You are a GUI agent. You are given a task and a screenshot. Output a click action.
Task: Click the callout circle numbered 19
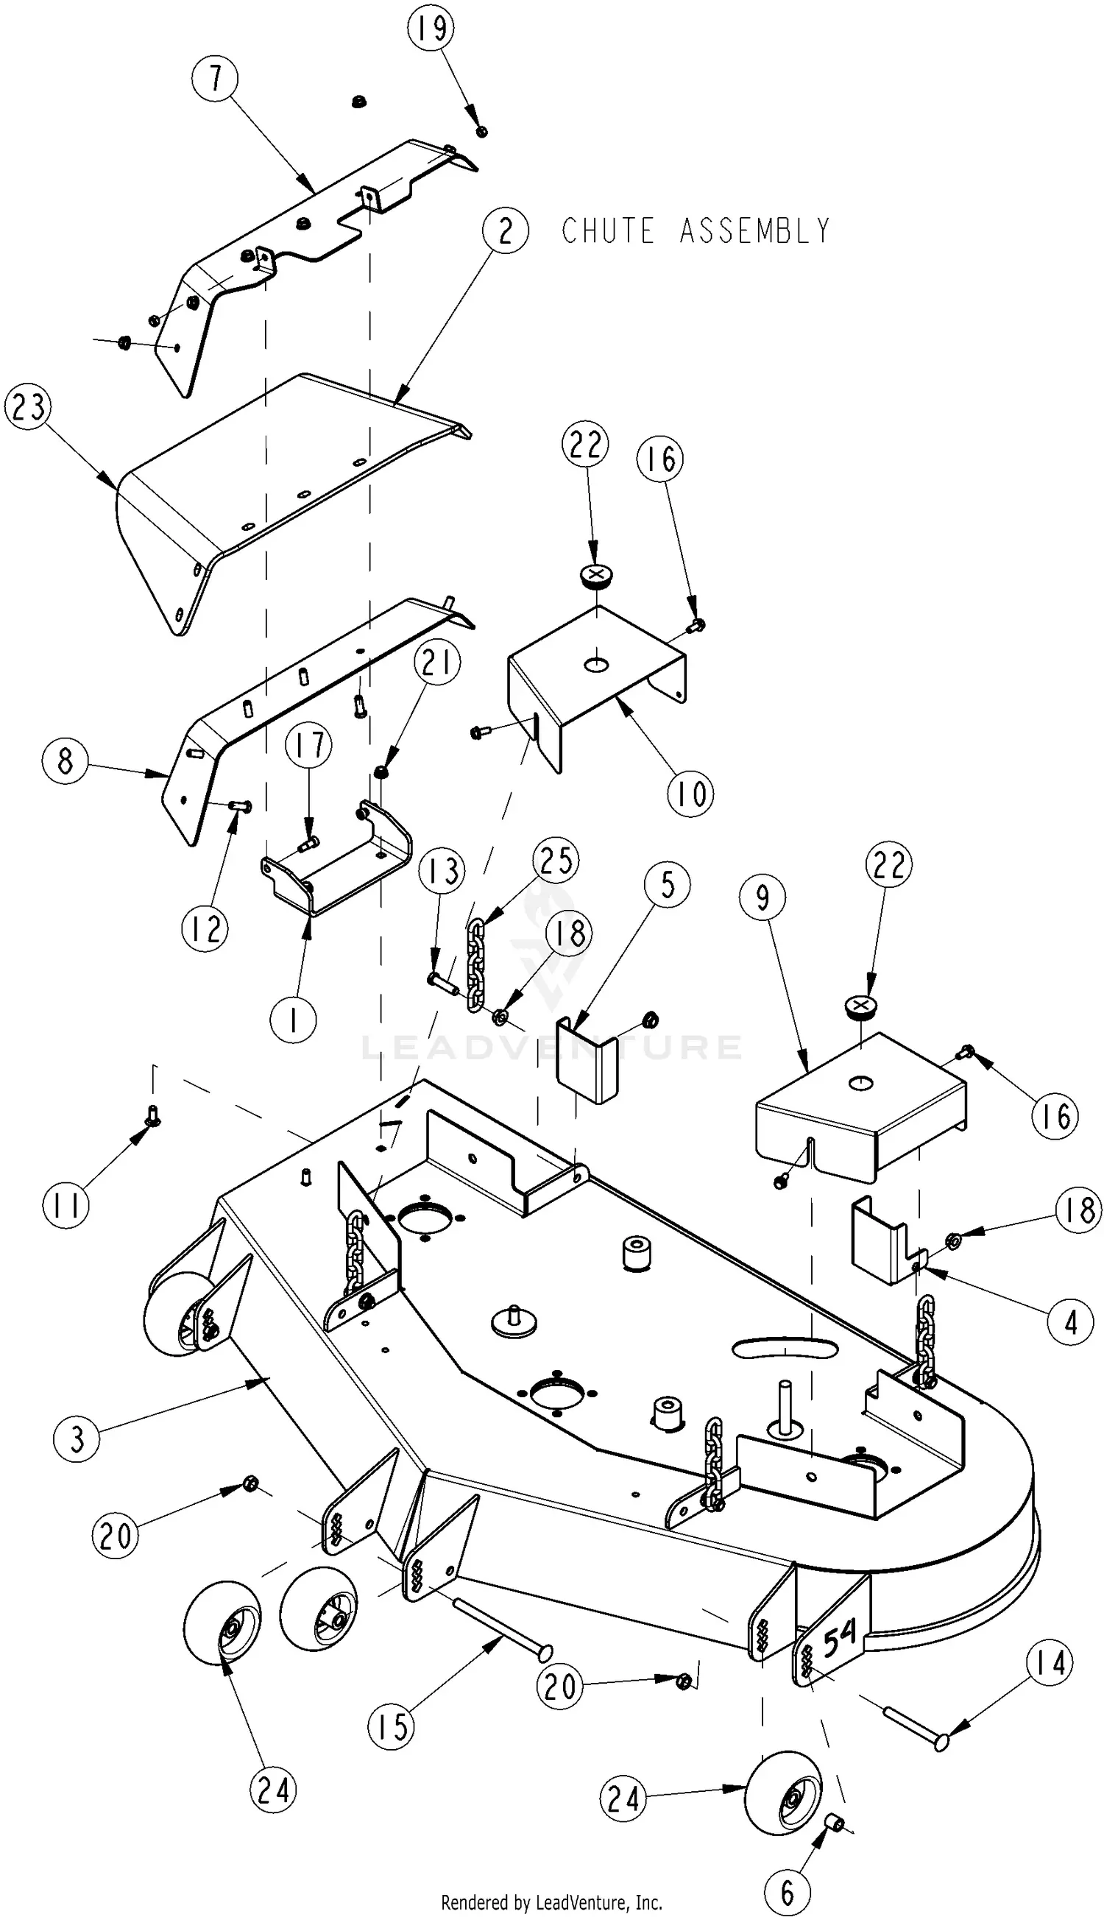[x=431, y=28]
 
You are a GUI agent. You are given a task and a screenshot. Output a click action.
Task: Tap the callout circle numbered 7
[x=215, y=78]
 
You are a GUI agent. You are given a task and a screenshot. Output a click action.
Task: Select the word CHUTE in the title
[x=607, y=231]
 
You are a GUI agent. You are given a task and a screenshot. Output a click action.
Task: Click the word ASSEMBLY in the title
[x=754, y=231]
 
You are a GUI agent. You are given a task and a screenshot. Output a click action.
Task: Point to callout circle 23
[x=28, y=407]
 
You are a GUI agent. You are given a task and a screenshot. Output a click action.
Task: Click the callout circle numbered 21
[x=437, y=663]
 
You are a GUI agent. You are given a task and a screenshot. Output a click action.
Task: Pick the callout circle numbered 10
[x=690, y=794]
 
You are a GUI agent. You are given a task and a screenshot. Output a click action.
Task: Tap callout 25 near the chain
[x=556, y=861]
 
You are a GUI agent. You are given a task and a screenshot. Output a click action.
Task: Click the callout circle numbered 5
[x=668, y=885]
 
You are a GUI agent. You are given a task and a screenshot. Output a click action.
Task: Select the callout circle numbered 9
[x=762, y=897]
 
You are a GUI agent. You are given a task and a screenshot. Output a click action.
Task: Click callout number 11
[x=66, y=1205]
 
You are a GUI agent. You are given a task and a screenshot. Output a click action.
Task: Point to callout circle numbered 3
[x=77, y=1438]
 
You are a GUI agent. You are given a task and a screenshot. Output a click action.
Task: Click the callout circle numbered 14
[x=1050, y=1663]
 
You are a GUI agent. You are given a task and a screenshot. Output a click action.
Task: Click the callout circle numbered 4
[x=1071, y=1321]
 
